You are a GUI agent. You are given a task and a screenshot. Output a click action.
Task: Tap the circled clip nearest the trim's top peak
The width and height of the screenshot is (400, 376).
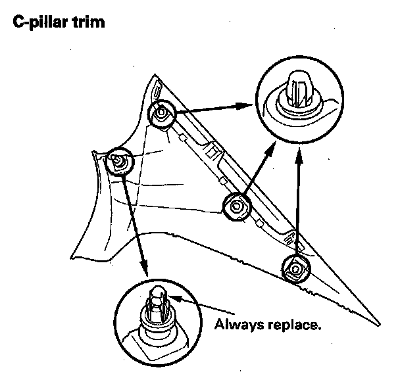point(161,114)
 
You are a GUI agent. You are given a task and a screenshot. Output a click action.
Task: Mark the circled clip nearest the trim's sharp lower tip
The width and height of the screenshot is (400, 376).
point(295,268)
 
